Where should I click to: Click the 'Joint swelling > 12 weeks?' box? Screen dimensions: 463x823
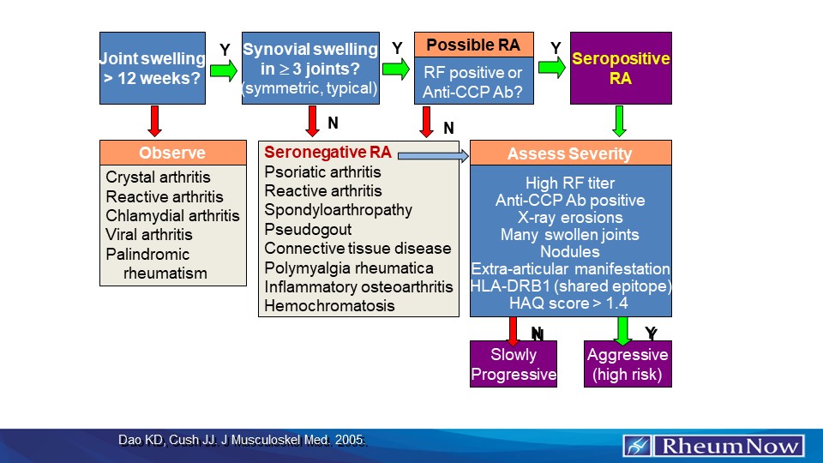(153, 68)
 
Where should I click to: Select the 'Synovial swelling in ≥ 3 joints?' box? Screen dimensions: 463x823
(310, 68)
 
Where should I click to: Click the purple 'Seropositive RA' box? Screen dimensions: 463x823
(621, 68)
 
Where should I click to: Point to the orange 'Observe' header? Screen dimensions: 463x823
(172, 153)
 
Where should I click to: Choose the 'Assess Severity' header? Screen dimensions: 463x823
(570, 154)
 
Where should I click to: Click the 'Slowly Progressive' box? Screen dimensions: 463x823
(514, 364)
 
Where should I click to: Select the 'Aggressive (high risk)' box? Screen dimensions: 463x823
(628, 364)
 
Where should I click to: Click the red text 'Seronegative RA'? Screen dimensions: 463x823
(327, 153)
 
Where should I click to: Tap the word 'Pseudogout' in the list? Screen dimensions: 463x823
(308, 230)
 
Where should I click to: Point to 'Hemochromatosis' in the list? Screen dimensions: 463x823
(329, 305)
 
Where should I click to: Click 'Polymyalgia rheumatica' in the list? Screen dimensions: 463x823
(348, 268)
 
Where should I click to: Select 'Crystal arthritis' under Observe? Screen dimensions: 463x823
(158, 177)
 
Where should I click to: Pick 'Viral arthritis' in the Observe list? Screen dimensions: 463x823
(149, 234)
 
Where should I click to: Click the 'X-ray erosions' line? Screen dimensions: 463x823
(570, 218)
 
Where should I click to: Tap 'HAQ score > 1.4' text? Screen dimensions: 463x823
(570, 303)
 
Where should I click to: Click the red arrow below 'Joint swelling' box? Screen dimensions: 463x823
(155, 121)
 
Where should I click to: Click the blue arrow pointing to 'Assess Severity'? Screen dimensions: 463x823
(433, 155)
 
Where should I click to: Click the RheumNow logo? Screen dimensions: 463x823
(713, 446)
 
